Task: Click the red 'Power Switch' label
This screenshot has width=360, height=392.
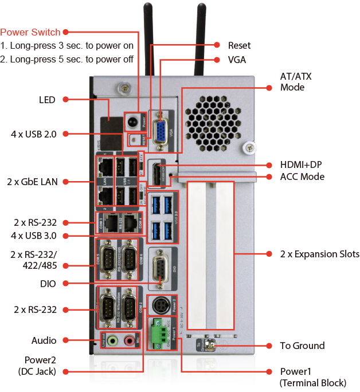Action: pos(31,32)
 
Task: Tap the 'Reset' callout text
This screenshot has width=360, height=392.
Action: pos(239,45)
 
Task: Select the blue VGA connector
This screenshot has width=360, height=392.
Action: pos(160,128)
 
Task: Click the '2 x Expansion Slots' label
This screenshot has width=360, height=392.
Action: pos(319,254)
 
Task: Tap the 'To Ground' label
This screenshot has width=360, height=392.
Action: pos(302,346)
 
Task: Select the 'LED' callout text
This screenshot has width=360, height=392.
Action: pos(47,100)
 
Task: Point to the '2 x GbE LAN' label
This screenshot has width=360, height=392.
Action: pos(32,182)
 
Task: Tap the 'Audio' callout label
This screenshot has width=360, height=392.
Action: pos(44,340)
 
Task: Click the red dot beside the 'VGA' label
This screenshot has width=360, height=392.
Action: pos(217,59)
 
